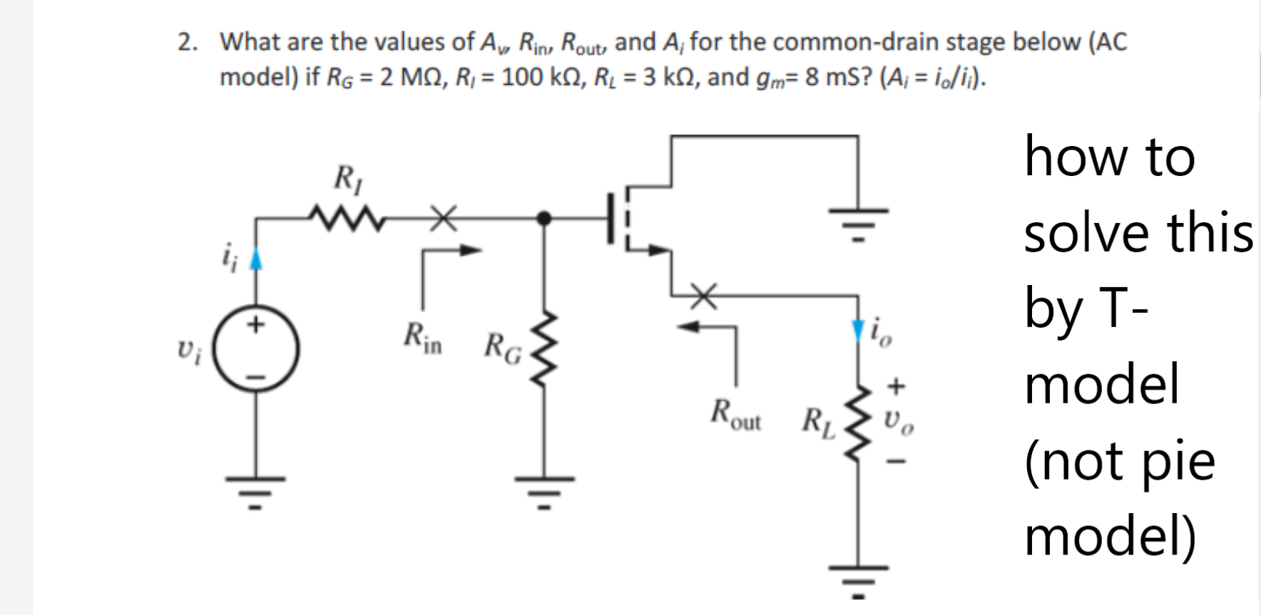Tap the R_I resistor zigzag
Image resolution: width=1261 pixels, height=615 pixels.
(347, 219)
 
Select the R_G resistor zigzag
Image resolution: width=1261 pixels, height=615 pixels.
(546, 350)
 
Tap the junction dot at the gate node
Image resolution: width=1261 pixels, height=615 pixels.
(544, 218)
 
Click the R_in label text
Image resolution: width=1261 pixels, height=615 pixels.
(422, 338)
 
